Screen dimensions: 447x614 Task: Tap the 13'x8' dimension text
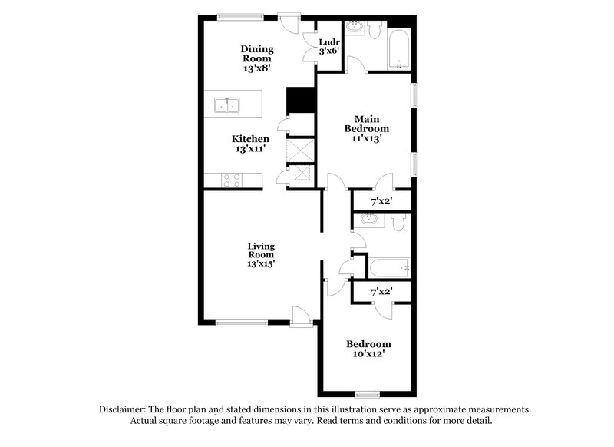258,68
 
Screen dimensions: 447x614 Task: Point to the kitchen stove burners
231,180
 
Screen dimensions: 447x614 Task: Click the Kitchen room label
251,139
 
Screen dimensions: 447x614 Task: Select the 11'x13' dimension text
367,139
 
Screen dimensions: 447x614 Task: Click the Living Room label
261,250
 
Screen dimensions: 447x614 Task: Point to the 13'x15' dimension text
261,263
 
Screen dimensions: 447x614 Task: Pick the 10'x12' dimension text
368,356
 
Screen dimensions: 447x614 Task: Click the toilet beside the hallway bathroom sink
396,222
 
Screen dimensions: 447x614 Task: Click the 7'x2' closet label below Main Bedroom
381,201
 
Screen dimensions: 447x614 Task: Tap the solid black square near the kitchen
301,101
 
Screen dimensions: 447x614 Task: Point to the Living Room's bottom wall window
239,323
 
